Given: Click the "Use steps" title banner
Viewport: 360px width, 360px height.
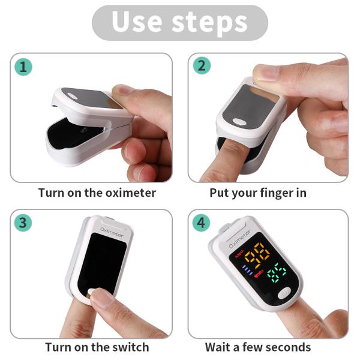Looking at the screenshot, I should [x=179, y=22].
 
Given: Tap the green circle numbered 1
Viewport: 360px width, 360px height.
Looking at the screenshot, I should [x=23, y=67].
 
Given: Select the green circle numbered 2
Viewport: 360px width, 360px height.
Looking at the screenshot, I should [x=201, y=66].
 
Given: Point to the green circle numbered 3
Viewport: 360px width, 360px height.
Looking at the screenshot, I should [x=23, y=223].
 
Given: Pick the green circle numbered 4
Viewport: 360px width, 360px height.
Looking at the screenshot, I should [x=201, y=223].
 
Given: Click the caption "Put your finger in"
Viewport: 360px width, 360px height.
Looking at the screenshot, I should [x=258, y=193].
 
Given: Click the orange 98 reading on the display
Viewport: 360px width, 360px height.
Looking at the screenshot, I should [x=257, y=255].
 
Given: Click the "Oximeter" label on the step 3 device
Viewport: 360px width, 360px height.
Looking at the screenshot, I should [x=112, y=232].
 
